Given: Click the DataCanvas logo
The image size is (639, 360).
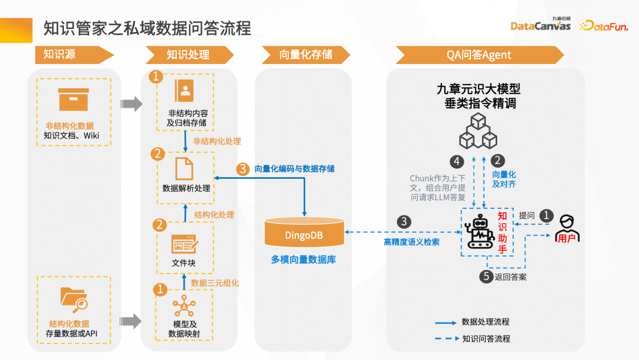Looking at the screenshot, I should pos(540,25).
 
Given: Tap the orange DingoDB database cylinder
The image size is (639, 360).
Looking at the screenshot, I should pos(304,233).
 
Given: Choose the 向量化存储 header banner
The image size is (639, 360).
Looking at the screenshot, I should pos(305,55).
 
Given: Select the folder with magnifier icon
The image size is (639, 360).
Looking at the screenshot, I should pos(74,299).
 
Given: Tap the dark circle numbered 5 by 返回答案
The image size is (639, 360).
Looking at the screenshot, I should pos(485,276).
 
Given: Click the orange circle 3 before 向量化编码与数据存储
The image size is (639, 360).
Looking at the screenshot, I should pos(243,169).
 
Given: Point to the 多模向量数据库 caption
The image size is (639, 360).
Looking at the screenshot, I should pos(304,259).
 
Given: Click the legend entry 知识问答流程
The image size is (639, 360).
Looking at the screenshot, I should pos(486,339).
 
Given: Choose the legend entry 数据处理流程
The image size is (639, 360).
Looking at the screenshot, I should pos(486,322).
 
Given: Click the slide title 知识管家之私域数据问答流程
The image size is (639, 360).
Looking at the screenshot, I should pos(147,28).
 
